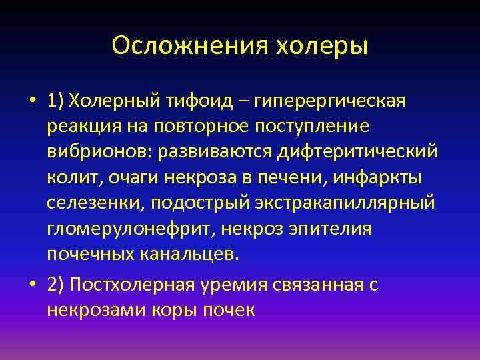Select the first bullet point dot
(32, 102)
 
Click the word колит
(71, 179)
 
